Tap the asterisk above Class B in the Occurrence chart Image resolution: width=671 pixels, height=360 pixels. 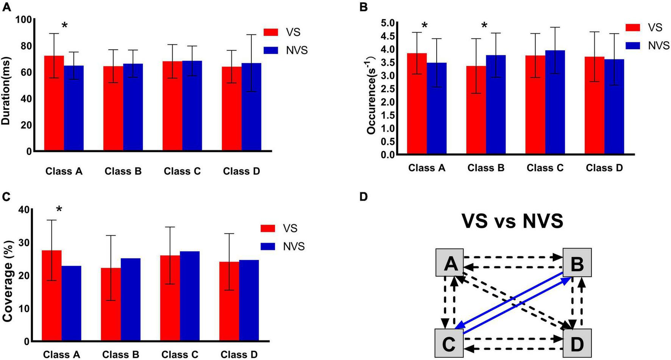484,26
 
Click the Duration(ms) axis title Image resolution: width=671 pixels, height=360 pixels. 6,91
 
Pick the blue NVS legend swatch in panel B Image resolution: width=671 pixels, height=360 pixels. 632,45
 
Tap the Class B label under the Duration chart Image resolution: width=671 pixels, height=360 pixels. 123,171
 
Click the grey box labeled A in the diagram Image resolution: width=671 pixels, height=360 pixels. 449,263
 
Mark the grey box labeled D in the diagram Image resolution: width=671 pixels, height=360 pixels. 577,343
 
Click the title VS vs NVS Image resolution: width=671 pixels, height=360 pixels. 512,221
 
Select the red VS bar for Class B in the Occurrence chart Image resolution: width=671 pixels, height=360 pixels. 476,110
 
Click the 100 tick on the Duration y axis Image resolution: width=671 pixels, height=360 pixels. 23,19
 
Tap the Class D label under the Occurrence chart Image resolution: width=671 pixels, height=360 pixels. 604,168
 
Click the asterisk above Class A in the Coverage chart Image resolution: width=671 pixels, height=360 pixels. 59,210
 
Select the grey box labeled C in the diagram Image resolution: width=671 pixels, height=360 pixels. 449,343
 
